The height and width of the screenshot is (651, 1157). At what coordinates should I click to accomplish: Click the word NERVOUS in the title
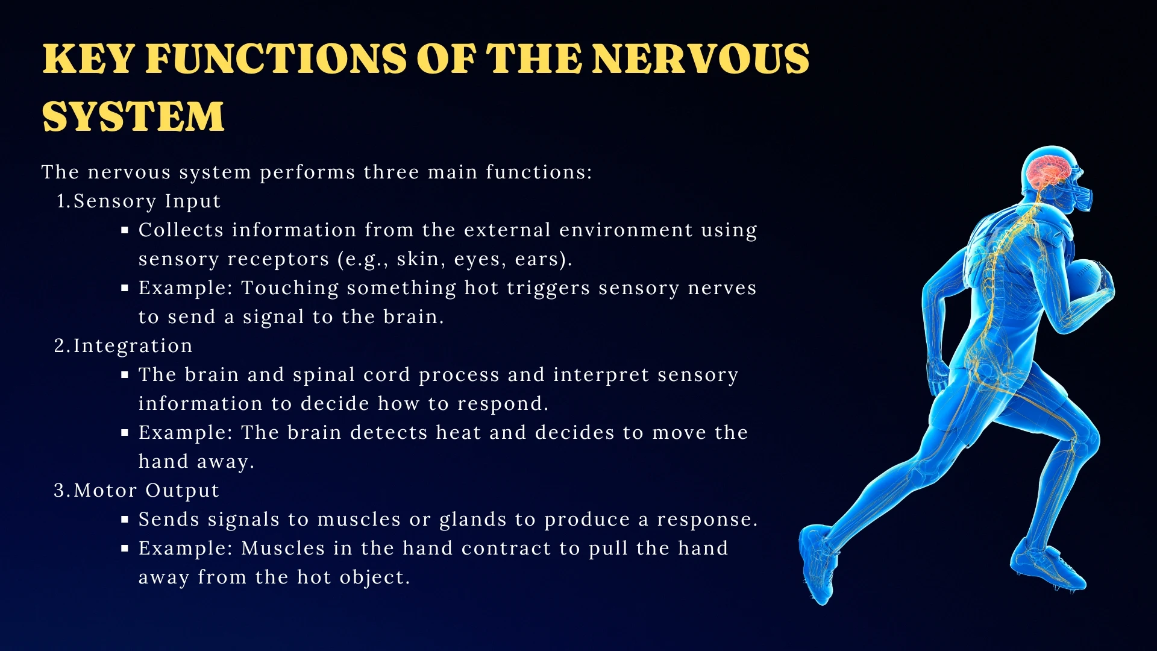pos(700,59)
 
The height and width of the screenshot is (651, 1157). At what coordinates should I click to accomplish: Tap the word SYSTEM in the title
pos(133,117)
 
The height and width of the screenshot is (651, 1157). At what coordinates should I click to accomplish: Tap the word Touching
pos(290,288)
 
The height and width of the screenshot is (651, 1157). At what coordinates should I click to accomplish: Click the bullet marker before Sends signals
pos(125,520)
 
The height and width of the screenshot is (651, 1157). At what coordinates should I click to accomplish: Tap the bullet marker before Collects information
pos(125,230)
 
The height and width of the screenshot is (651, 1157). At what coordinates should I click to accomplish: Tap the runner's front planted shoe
pos(1049,567)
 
